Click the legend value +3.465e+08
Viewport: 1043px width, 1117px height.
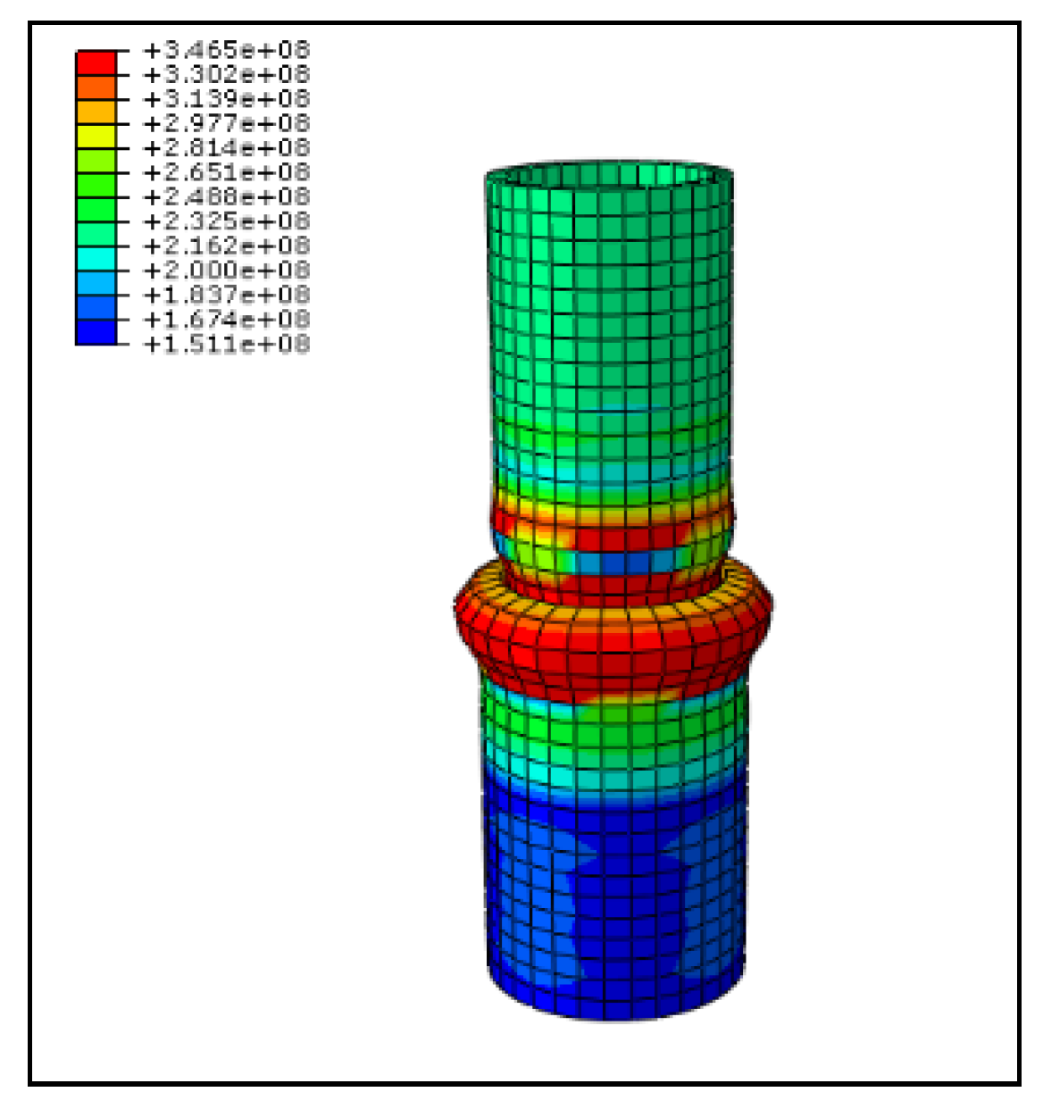227,50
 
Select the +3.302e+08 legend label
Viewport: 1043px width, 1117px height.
227,74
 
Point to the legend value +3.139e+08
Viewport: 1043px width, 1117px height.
227,99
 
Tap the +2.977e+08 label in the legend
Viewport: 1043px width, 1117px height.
227,123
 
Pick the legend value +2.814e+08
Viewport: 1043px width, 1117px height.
227,148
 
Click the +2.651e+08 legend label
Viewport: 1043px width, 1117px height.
227,172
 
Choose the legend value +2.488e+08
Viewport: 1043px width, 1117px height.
227,197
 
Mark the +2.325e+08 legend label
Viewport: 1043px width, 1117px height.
227,221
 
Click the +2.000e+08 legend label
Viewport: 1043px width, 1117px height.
227,271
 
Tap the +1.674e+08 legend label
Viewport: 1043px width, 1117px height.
227,320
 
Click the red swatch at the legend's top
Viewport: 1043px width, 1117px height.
96,63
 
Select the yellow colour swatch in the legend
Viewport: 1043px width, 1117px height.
96,137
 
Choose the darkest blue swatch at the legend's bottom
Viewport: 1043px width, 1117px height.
96,332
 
